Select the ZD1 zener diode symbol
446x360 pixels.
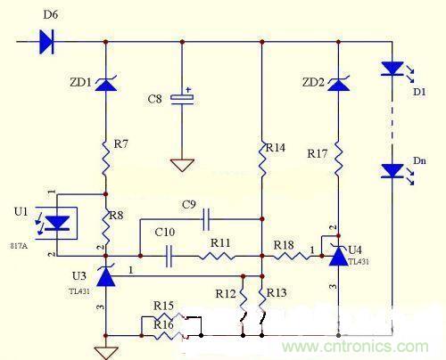click(106, 85)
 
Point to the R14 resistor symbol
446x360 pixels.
click(261, 160)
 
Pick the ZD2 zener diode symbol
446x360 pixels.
click(337, 85)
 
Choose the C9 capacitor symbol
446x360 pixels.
click(206, 218)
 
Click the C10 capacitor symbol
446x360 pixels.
click(168, 257)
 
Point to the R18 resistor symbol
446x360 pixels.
click(285, 257)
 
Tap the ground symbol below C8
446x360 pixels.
click(182, 166)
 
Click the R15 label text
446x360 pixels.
click(163, 306)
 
